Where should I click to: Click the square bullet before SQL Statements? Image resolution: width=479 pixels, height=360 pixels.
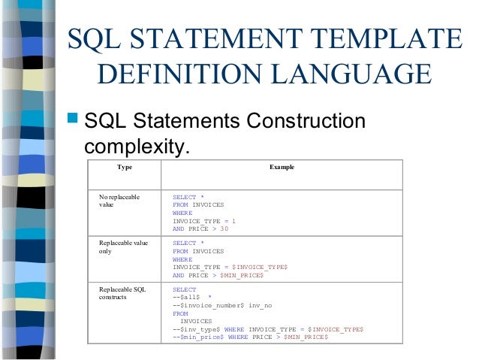[x=74, y=121]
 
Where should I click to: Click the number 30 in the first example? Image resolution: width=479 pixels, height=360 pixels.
[x=224, y=229]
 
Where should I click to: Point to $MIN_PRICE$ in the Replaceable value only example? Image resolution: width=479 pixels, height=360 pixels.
[x=242, y=276]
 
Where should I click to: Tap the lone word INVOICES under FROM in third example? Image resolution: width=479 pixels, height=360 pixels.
[x=197, y=321]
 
